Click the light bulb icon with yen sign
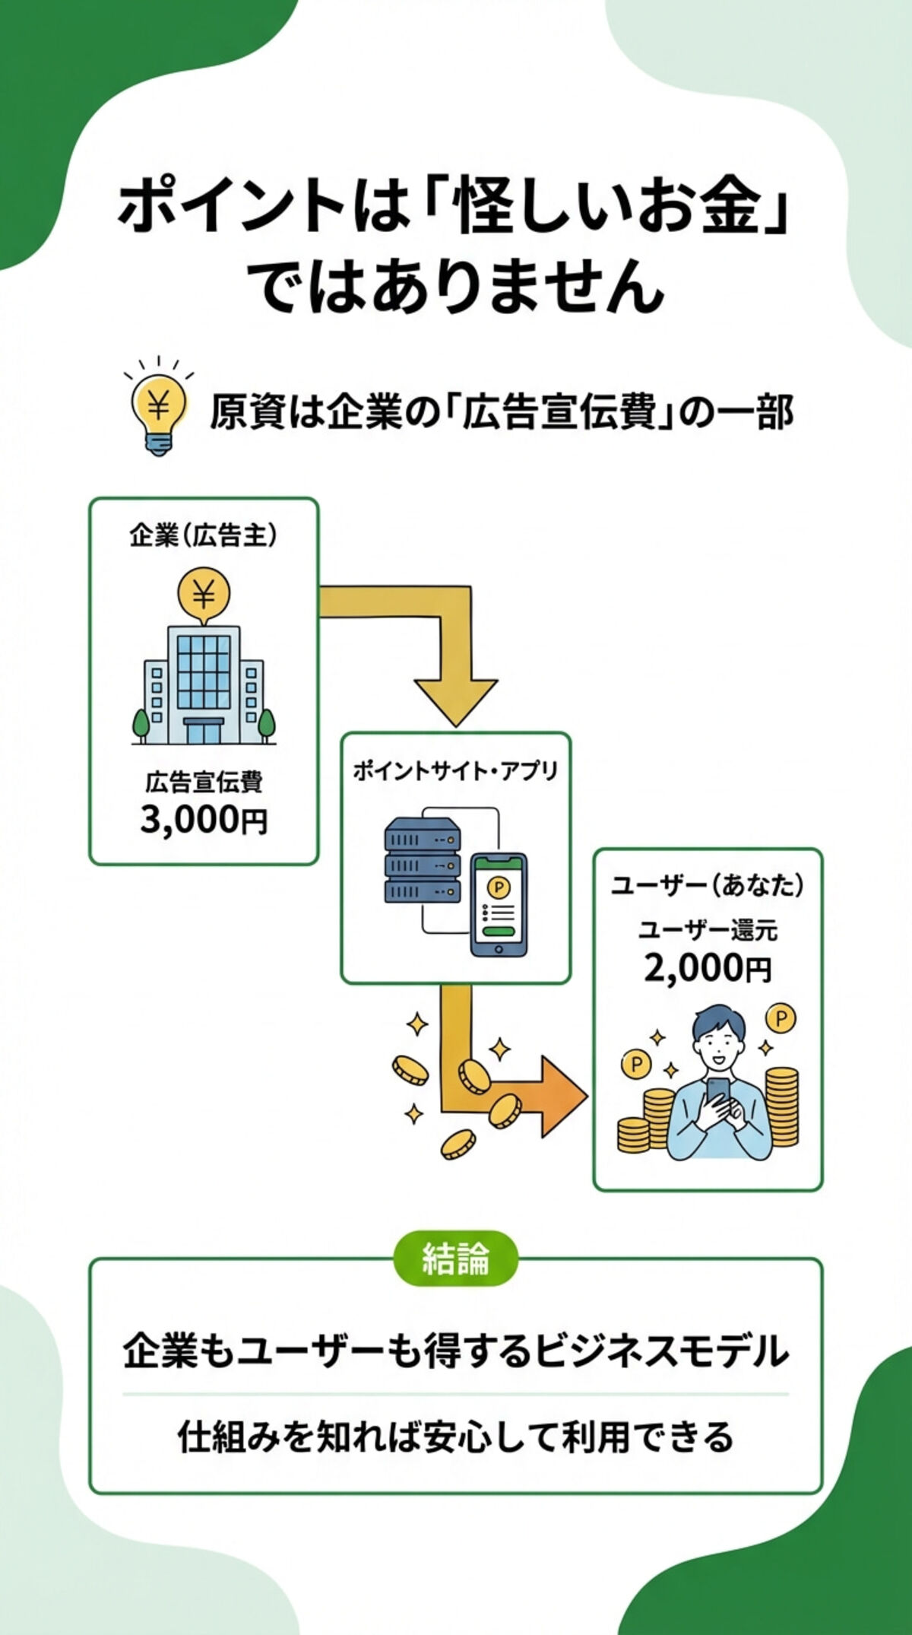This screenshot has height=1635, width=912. click(158, 411)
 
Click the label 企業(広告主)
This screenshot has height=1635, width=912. click(203, 536)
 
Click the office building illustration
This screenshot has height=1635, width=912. click(203, 684)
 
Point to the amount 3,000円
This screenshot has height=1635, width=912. click(203, 821)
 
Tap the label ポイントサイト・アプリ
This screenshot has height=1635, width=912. click(455, 771)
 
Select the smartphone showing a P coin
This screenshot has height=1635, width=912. click(499, 905)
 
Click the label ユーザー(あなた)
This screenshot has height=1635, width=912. click(708, 886)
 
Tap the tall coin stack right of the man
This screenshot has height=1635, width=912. click(781, 1106)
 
